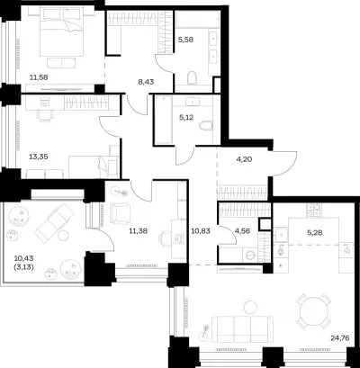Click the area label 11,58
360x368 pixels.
(39, 77)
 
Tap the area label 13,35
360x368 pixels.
(39, 157)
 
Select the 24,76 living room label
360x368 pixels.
(340, 338)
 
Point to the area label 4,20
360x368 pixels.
(244, 159)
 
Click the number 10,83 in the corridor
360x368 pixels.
(200, 231)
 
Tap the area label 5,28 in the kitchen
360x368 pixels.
(315, 232)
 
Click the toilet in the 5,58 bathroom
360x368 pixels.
(192, 78)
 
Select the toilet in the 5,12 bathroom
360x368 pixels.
(206, 126)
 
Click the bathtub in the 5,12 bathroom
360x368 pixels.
(163, 120)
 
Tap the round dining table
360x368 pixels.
(313, 311)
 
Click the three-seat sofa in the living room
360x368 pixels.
(242, 329)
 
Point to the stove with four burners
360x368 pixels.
(314, 211)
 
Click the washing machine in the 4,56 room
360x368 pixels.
(250, 256)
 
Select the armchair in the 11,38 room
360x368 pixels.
(121, 213)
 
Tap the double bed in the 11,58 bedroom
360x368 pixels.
(61, 32)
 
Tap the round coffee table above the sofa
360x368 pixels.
(249, 308)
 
